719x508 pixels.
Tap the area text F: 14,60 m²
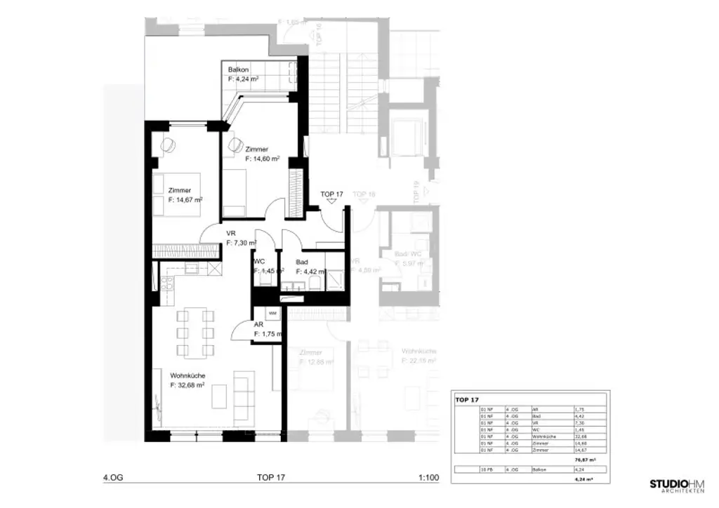263,159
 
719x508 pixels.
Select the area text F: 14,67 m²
185,200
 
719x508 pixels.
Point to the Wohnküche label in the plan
187,376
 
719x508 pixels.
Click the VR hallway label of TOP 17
230,234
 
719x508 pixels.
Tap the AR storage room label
258,325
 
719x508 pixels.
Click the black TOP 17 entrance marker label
331,194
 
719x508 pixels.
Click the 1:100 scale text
428,479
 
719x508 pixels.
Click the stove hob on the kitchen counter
166,284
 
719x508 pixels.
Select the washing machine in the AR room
272,314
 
